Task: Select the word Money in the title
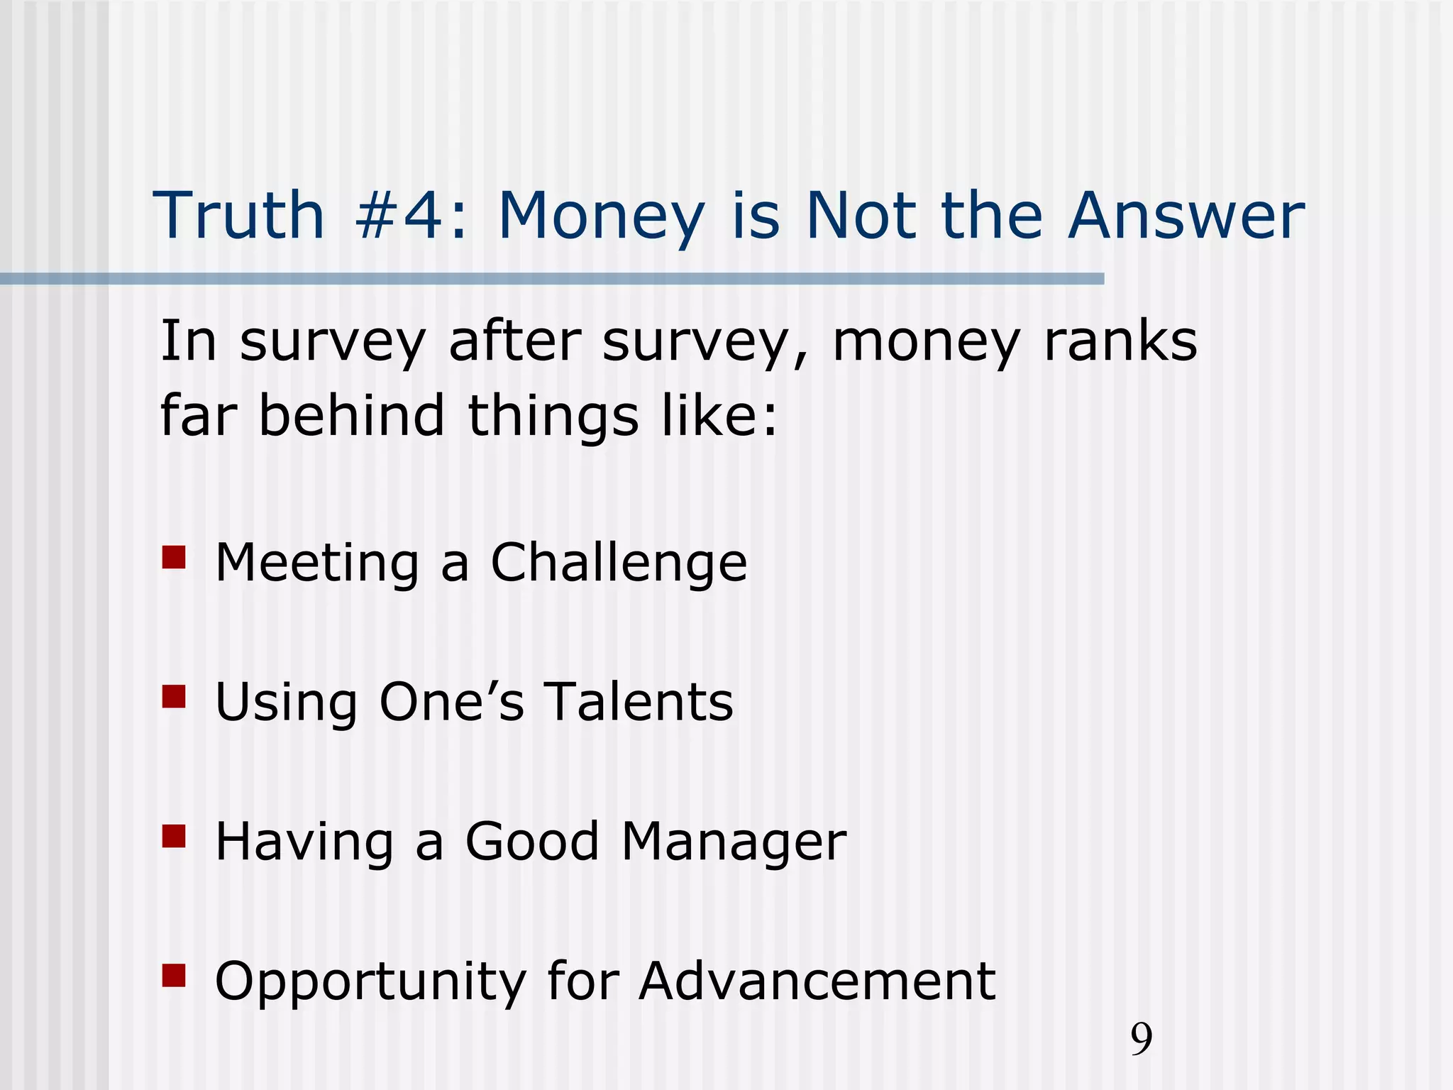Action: (x=602, y=216)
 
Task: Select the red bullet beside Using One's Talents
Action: (x=173, y=697)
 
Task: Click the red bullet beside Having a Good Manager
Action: (x=173, y=836)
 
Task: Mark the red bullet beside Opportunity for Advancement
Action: (x=173, y=975)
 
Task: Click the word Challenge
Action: (x=619, y=563)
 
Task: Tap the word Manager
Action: (x=734, y=842)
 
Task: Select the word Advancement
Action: (x=817, y=981)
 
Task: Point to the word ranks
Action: (x=1121, y=342)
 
